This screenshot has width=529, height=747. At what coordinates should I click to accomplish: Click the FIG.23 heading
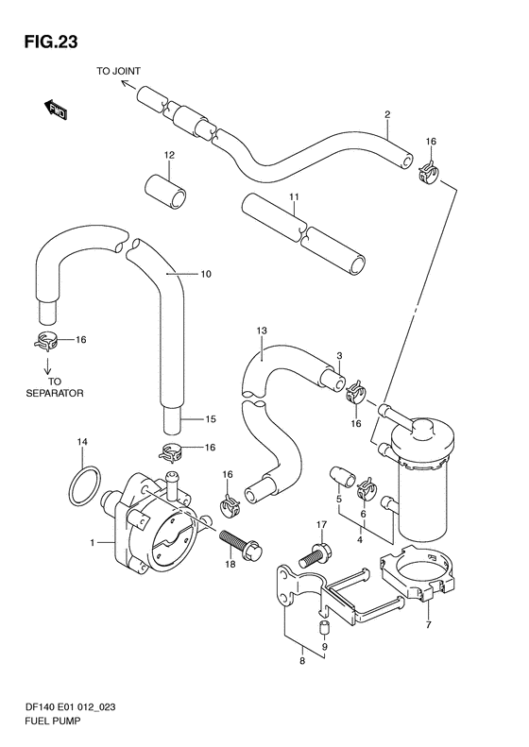pyautogui.click(x=51, y=42)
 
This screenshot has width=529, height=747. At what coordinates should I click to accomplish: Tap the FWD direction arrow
pyautogui.click(x=56, y=110)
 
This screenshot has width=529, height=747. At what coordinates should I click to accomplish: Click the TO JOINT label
pyautogui.click(x=119, y=71)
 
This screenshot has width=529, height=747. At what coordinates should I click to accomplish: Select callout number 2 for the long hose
pyautogui.click(x=387, y=114)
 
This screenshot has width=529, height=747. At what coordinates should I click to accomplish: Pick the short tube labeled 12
pyautogui.click(x=166, y=191)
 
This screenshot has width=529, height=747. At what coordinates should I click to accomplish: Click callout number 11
pyautogui.click(x=294, y=196)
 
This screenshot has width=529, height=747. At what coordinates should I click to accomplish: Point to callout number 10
pyautogui.click(x=206, y=274)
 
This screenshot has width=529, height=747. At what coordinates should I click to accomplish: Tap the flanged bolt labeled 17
pyautogui.click(x=316, y=555)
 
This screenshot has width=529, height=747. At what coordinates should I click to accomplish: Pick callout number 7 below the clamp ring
pyautogui.click(x=429, y=624)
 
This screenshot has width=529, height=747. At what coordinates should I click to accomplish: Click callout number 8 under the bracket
pyautogui.click(x=302, y=661)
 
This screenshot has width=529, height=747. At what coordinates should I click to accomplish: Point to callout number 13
pyautogui.click(x=262, y=331)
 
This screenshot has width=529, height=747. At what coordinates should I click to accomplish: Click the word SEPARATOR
pyautogui.click(x=55, y=394)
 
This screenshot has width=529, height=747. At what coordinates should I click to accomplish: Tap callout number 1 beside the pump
pyautogui.click(x=93, y=542)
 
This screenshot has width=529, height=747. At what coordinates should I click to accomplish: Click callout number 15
pyautogui.click(x=211, y=419)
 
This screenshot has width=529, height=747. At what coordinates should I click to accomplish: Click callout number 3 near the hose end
pyautogui.click(x=339, y=355)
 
